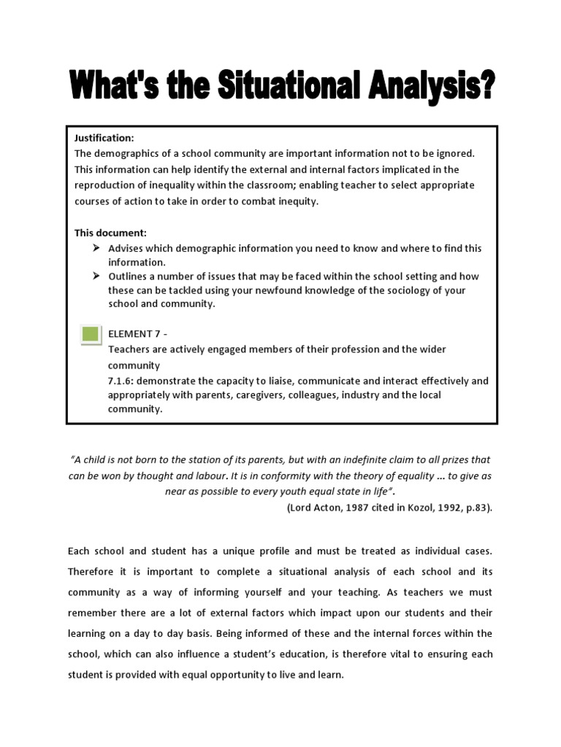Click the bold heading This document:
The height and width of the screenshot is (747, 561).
(x=110, y=233)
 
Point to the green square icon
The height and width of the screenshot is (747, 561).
(x=91, y=335)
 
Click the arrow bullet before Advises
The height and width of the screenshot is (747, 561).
(x=96, y=249)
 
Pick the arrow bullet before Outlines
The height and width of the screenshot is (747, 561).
(x=96, y=276)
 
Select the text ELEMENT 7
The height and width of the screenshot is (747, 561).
(x=134, y=334)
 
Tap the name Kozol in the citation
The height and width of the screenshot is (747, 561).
(x=419, y=508)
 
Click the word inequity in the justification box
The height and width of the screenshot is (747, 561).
(x=297, y=201)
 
